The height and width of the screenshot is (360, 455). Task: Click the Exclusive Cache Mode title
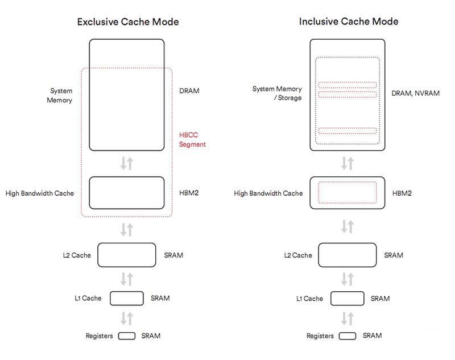tap(128, 22)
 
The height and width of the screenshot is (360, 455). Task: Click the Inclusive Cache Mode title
tap(349, 22)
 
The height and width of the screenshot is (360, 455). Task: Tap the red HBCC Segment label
tap(192, 140)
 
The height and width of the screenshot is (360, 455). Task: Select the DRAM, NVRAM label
tap(415, 93)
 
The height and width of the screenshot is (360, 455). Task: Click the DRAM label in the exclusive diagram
tap(189, 91)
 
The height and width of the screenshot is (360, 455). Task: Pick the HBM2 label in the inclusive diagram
tap(402, 193)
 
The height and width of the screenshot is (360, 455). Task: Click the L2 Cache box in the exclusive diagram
tap(127, 255)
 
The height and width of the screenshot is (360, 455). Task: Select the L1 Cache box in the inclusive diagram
tap(347, 299)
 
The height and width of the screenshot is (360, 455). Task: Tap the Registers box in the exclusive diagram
tap(127, 336)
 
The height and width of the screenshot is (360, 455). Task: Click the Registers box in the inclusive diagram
tap(347, 336)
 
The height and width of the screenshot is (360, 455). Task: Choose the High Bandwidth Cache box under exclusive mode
tap(127, 193)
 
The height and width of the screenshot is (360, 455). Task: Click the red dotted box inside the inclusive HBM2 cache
tap(347, 192)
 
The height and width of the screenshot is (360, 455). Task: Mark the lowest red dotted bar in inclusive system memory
tap(347, 131)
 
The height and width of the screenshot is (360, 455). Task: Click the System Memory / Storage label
tap(277, 93)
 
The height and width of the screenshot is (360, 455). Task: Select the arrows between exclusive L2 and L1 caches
tap(127, 279)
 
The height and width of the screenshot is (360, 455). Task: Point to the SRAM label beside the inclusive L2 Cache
tap(394, 255)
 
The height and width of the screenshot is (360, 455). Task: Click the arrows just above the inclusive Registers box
tap(347, 317)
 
